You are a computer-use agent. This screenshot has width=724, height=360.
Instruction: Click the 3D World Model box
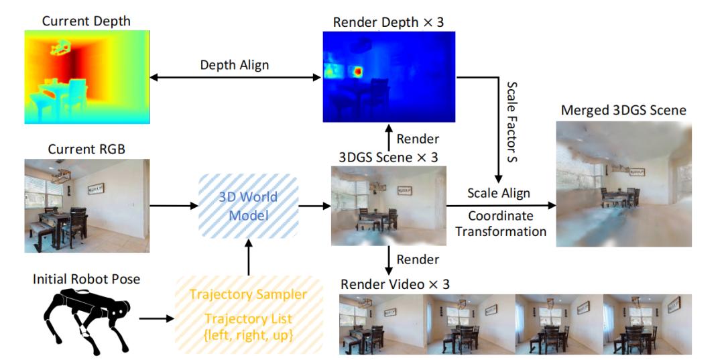(x=248, y=208)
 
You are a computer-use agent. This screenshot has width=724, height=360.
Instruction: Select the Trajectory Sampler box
(x=248, y=314)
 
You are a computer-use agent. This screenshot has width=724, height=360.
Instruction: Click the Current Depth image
(x=87, y=77)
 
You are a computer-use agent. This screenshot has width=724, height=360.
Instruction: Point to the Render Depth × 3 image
(x=389, y=76)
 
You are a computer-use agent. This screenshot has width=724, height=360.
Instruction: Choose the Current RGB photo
(x=87, y=205)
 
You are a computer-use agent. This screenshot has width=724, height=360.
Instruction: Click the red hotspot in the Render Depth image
(x=358, y=70)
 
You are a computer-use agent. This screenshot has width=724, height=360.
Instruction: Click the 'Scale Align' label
(x=498, y=193)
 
